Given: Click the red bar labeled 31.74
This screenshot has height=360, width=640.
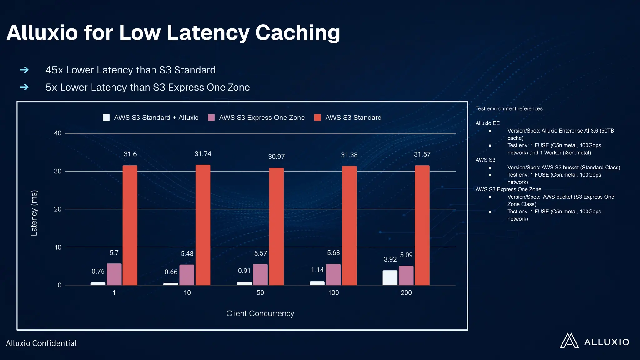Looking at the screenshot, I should tap(203, 225).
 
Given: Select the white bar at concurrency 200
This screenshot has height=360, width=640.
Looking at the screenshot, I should tap(390, 278).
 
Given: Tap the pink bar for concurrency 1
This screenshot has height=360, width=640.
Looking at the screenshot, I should tap(114, 274).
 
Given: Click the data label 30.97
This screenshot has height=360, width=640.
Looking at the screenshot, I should tap(276, 157).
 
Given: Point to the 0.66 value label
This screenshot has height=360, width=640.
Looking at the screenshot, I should tap(171, 272).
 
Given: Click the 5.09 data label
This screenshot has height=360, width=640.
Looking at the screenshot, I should tap(406, 255).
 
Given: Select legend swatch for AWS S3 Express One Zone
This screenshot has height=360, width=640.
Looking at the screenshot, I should tap(211, 117).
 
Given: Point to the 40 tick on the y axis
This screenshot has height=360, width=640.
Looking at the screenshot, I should tap(58, 133).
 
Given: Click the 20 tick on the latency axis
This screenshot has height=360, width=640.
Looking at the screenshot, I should tap(58, 209).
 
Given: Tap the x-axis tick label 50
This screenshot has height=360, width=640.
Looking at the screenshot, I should tap(260, 293).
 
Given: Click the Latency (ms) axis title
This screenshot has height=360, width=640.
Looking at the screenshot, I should tap(34, 213).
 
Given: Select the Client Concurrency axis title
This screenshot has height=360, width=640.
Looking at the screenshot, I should tap(260, 313).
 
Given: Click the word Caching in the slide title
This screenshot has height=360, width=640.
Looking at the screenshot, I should tap(297, 32).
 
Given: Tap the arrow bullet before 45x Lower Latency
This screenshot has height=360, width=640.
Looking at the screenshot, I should tap(24, 70).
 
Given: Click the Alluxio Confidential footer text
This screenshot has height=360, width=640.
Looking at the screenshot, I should tap(41, 343).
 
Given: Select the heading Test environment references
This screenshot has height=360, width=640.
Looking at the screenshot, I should tap(509, 108).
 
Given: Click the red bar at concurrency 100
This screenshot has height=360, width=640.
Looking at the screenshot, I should tap(349, 226).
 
